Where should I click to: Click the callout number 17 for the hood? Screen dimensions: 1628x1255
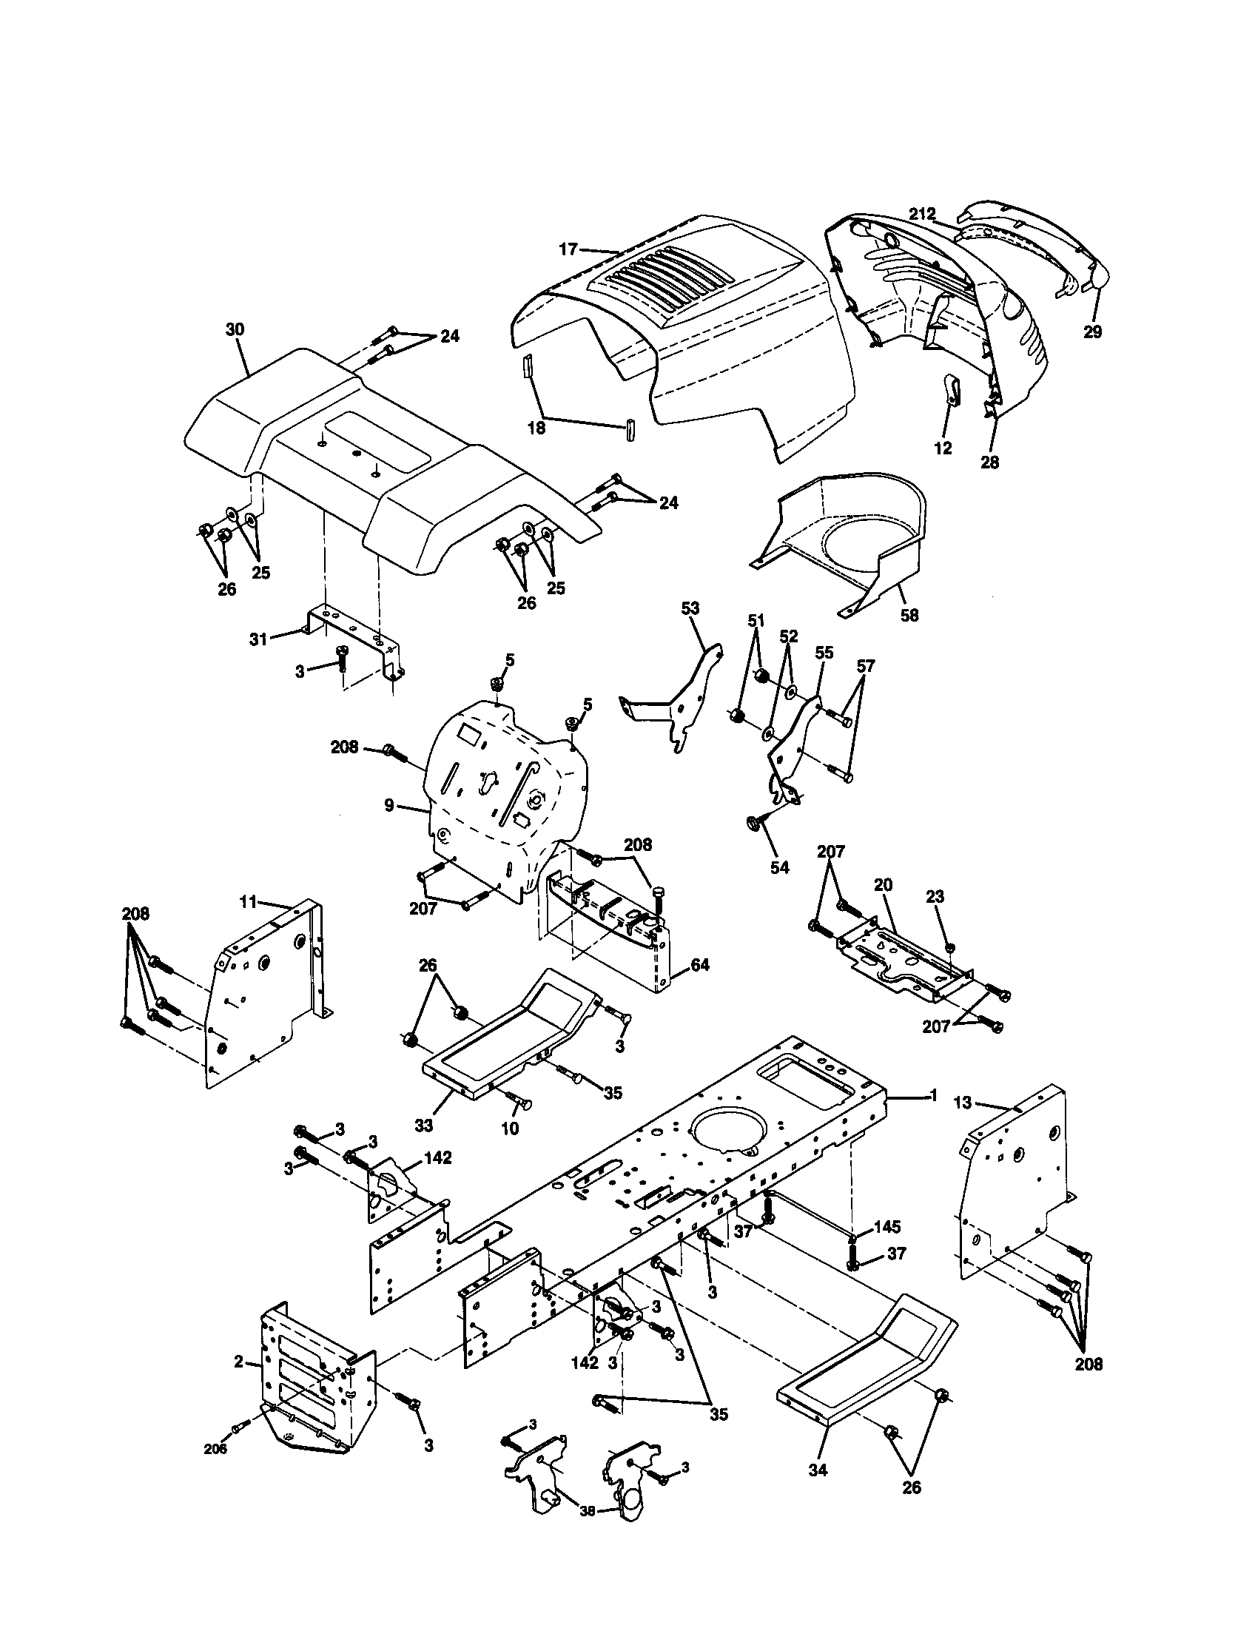click(568, 249)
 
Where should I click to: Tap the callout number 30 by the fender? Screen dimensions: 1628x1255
click(235, 330)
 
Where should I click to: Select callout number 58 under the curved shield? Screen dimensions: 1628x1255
click(909, 615)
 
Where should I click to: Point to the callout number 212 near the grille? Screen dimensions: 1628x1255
click(921, 214)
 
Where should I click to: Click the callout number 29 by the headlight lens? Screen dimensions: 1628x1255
click(1091, 332)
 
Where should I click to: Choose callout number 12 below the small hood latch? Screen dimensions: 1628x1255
click(943, 448)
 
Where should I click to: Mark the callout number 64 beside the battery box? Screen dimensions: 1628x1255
click(700, 965)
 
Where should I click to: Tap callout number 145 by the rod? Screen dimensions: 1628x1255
click(886, 1226)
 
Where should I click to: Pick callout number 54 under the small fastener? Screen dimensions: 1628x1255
click(779, 868)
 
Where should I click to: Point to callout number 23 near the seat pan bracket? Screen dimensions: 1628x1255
click(935, 898)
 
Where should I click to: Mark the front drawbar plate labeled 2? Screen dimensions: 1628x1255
click(306, 1379)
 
